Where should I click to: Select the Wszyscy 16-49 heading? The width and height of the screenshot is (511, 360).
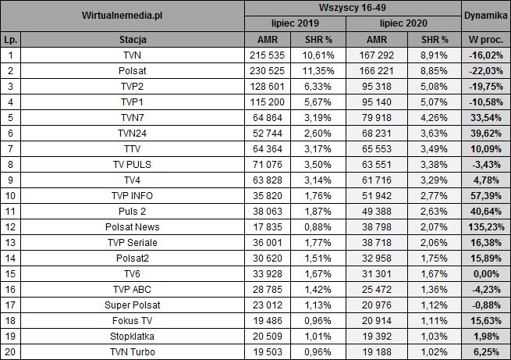(353, 7)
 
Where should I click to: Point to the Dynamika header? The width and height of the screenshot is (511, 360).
(485, 16)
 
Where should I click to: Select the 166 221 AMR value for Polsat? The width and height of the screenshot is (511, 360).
(378, 70)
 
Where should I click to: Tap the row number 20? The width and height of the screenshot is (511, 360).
(11, 351)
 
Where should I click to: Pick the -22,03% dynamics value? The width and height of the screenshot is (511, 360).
(486, 70)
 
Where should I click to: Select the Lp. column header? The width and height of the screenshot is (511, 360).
(11, 39)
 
